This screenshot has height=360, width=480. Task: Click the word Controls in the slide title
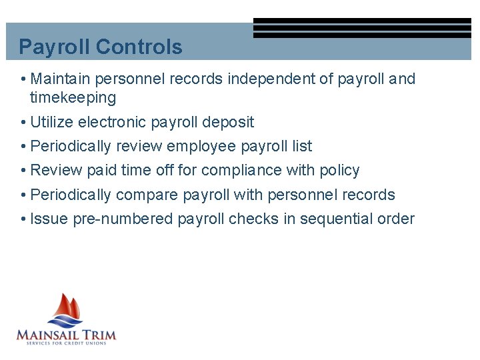[139, 47]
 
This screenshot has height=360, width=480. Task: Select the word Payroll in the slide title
[55, 47]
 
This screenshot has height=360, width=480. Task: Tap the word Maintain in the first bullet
[61, 79]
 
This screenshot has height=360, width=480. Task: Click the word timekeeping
[73, 98]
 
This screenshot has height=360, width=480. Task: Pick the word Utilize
[52, 122]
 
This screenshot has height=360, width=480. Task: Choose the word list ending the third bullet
[302, 146]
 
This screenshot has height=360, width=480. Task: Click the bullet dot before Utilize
[23, 123]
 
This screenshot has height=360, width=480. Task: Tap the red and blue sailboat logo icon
[65, 310]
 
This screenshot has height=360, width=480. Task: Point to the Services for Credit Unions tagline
[66, 343]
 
